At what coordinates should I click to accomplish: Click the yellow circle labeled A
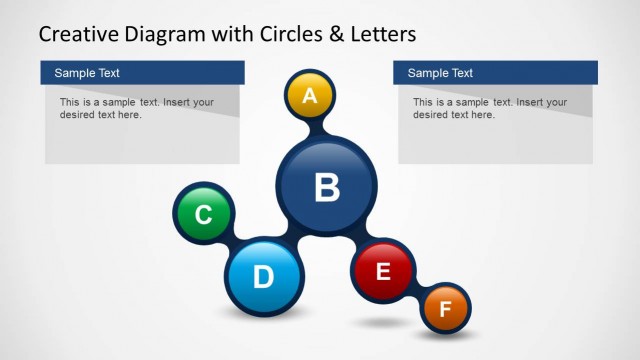[x=310, y=96]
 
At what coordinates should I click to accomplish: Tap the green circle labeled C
[x=203, y=214]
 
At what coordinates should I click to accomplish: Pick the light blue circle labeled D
[x=262, y=275]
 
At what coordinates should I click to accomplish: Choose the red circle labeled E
[x=383, y=270]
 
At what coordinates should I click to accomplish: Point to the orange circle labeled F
[x=445, y=309]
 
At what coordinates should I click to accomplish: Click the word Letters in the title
[x=381, y=34]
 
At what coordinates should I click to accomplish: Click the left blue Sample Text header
[x=142, y=73]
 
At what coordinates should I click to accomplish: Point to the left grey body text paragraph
[x=137, y=108]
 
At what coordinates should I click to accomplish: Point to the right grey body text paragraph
[x=490, y=108]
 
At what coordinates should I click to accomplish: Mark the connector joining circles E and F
[x=418, y=291]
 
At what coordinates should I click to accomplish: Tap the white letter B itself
[x=327, y=186]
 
